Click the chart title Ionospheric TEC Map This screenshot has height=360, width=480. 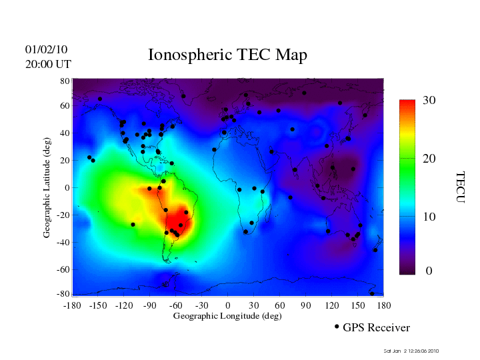[x=227, y=55]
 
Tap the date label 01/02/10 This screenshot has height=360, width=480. [x=46, y=49]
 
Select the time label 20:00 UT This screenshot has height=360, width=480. [x=48, y=64]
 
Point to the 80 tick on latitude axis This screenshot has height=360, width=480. [x=65, y=81]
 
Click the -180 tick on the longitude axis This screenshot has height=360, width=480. [x=71, y=305]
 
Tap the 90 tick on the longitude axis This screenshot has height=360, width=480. [x=306, y=305]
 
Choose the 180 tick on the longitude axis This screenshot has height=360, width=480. [x=384, y=305]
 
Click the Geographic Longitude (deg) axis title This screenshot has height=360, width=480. [x=227, y=316]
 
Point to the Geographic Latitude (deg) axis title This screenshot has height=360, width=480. [x=47, y=193]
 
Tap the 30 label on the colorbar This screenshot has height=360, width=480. [x=429, y=101]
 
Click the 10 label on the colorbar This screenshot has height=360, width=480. [x=429, y=217]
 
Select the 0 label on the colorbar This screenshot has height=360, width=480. [x=429, y=272]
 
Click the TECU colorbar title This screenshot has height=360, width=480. [x=460, y=187]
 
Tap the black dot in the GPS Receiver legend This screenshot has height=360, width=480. [x=337, y=327]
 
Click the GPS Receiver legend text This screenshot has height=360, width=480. [x=376, y=328]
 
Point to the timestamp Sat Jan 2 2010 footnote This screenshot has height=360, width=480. [x=411, y=351]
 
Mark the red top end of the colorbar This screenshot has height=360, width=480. [x=407, y=103]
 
